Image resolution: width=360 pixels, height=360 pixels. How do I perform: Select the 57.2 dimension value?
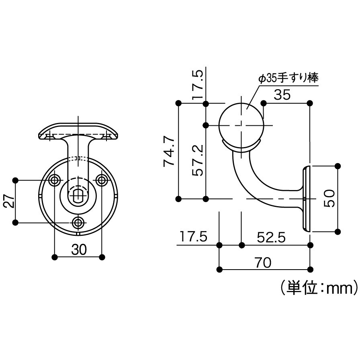198,160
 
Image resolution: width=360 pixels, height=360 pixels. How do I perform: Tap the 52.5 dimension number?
271,237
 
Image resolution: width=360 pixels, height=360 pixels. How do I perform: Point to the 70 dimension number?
263,262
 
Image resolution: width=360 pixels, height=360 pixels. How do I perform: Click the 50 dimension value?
329,198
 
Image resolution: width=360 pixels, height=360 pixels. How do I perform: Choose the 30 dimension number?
79,250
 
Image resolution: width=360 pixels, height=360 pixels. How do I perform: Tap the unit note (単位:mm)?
319,288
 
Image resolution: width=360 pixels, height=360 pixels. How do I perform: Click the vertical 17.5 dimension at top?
198,85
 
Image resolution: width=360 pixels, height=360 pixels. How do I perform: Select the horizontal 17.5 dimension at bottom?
193,237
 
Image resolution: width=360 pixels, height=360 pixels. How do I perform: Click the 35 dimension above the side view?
282,94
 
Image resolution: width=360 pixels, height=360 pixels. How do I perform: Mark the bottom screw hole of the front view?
78,223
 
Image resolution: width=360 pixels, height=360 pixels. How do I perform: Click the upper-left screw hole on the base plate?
55,180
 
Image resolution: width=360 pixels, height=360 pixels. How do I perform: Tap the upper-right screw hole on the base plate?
102,180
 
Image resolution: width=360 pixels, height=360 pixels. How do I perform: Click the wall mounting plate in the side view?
306,199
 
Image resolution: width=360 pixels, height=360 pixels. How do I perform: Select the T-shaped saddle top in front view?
78,131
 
